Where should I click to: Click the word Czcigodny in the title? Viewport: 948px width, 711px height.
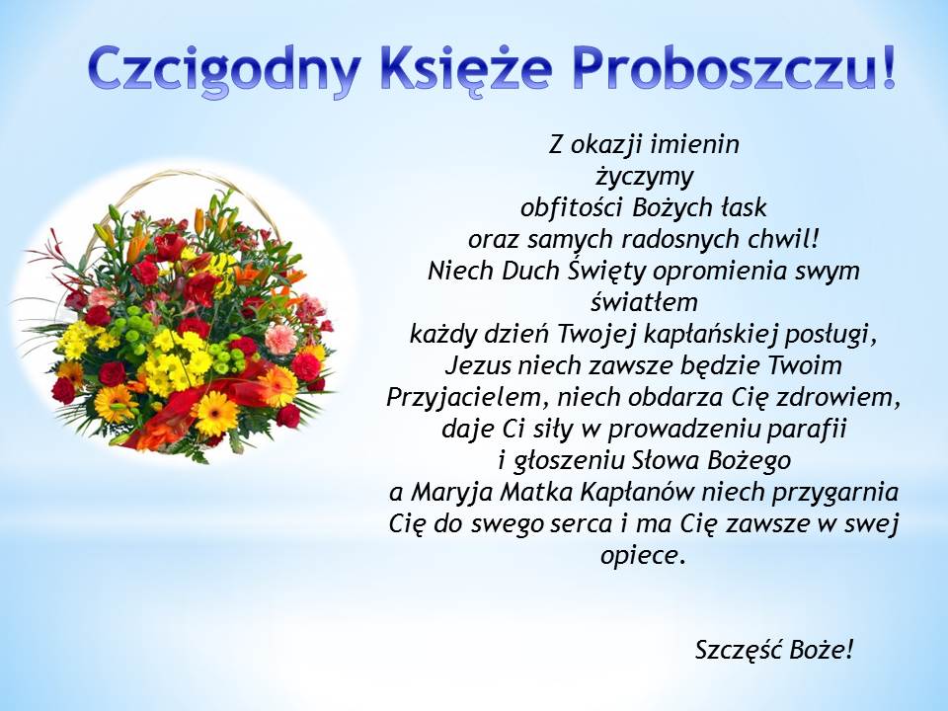click(224, 70)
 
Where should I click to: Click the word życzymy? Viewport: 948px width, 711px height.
click(644, 177)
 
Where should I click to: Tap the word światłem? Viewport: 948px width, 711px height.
click(644, 302)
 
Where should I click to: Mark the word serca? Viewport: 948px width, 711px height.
click(582, 523)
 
